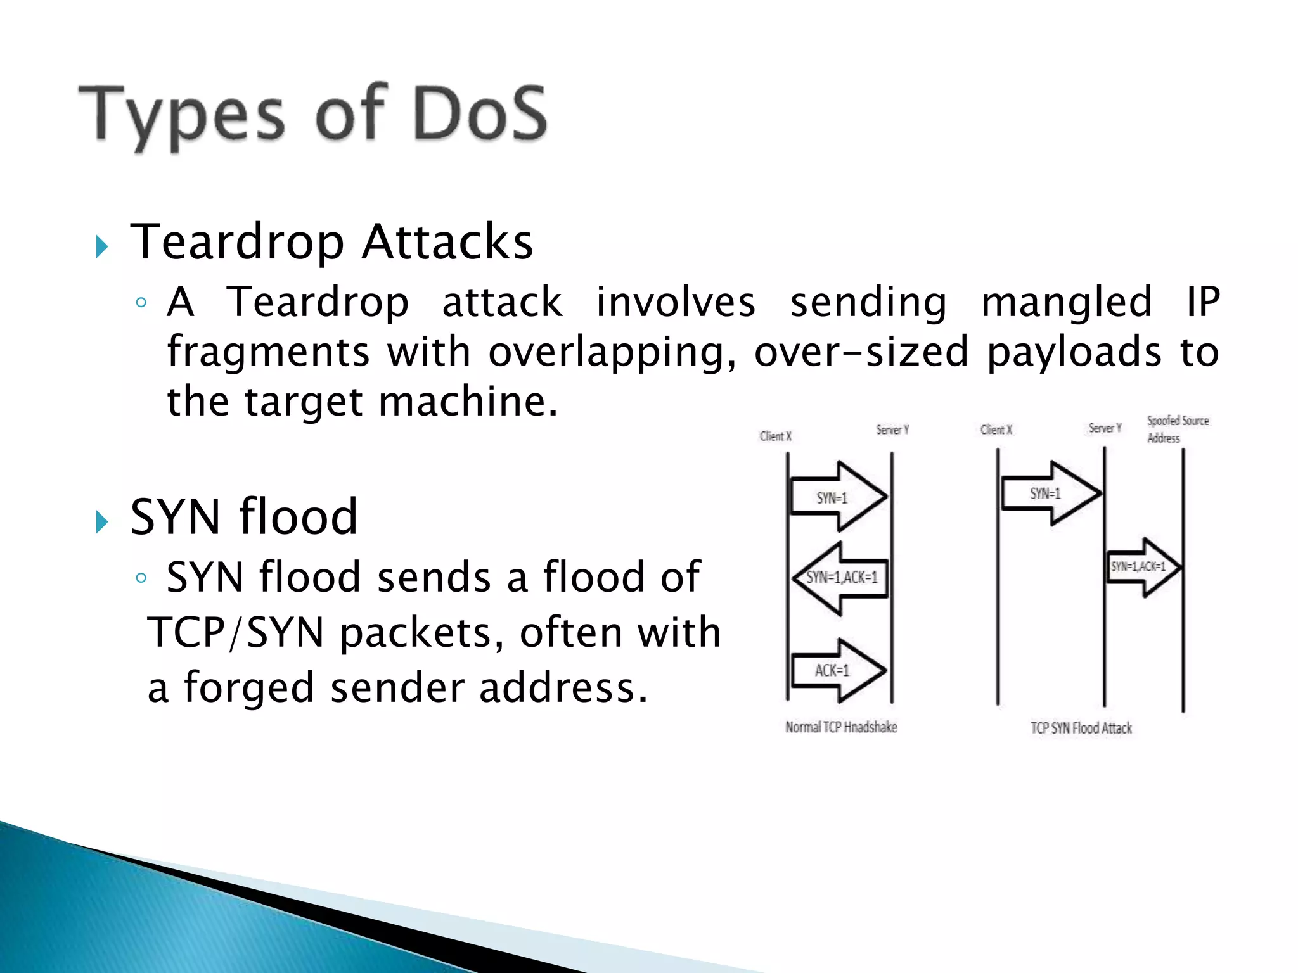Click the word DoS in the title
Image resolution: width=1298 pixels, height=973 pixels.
click(480, 114)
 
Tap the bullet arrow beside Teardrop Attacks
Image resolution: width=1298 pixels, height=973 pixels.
click(102, 246)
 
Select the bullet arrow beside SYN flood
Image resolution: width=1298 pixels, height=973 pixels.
click(102, 521)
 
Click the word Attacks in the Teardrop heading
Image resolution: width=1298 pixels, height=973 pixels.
click(447, 242)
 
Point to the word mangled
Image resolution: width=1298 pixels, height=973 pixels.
click(1067, 303)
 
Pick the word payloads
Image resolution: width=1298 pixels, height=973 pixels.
click(1074, 352)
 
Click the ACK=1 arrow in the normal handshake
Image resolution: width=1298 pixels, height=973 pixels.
click(838, 670)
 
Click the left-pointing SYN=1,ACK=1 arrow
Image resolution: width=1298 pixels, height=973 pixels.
click(840, 577)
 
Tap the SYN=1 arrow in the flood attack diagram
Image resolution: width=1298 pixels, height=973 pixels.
click(1050, 493)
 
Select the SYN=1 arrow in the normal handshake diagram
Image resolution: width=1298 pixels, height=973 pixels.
click(838, 497)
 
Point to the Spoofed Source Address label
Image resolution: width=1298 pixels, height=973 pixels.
click(1177, 429)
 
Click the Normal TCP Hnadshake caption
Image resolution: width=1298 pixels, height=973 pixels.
click(841, 727)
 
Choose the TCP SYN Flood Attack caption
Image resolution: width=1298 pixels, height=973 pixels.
click(1081, 728)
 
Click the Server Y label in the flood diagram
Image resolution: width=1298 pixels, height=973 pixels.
click(1105, 428)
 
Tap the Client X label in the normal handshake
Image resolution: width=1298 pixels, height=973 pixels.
click(775, 436)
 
